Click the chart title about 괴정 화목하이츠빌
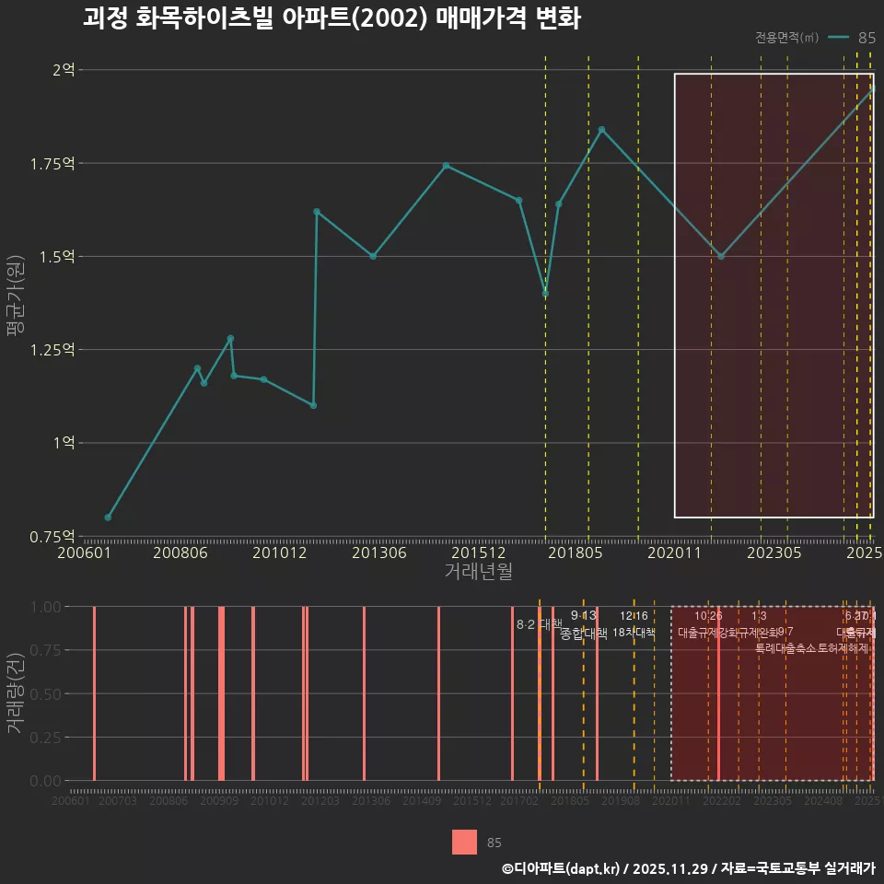coord(331,19)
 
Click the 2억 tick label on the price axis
coord(64,70)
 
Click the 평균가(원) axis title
coord(16,304)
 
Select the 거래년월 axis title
coord(478,572)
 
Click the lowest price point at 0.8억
coord(108,518)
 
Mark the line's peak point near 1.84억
coord(601,130)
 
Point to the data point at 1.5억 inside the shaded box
coord(721,257)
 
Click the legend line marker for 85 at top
coord(838,38)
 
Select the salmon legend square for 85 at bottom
coord(464,842)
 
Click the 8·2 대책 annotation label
coord(539,624)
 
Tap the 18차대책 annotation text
coord(634,633)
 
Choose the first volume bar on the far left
coord(94,693)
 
